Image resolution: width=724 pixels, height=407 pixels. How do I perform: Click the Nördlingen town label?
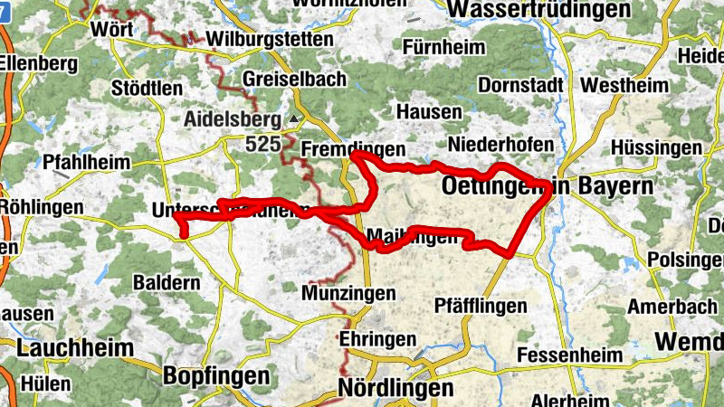point(395,388)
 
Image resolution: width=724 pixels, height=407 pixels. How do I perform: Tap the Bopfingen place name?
point(215,375)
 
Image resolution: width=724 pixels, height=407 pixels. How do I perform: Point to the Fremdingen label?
point(352,148)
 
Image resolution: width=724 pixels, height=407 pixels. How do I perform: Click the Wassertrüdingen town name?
point(539,9)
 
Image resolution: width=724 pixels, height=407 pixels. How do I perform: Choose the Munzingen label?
point(349,294)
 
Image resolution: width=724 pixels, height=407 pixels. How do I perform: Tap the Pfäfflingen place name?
point(480,306)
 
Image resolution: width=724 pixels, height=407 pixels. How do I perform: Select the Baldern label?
point(167,282)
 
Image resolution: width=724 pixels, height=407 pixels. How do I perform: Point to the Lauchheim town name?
point(62,347)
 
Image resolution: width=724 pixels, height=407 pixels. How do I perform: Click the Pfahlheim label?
point(87,163)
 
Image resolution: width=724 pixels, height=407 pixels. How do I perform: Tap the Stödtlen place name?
point(147,89)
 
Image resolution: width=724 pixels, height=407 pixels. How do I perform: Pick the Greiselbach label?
point(294,80)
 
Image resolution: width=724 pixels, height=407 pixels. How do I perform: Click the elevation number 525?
point(262,143)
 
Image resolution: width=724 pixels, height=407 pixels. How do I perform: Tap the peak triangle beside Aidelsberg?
point(294,119)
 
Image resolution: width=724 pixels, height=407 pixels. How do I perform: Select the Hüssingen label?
point(655,147)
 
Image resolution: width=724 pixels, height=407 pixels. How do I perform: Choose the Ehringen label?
point(377,339)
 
